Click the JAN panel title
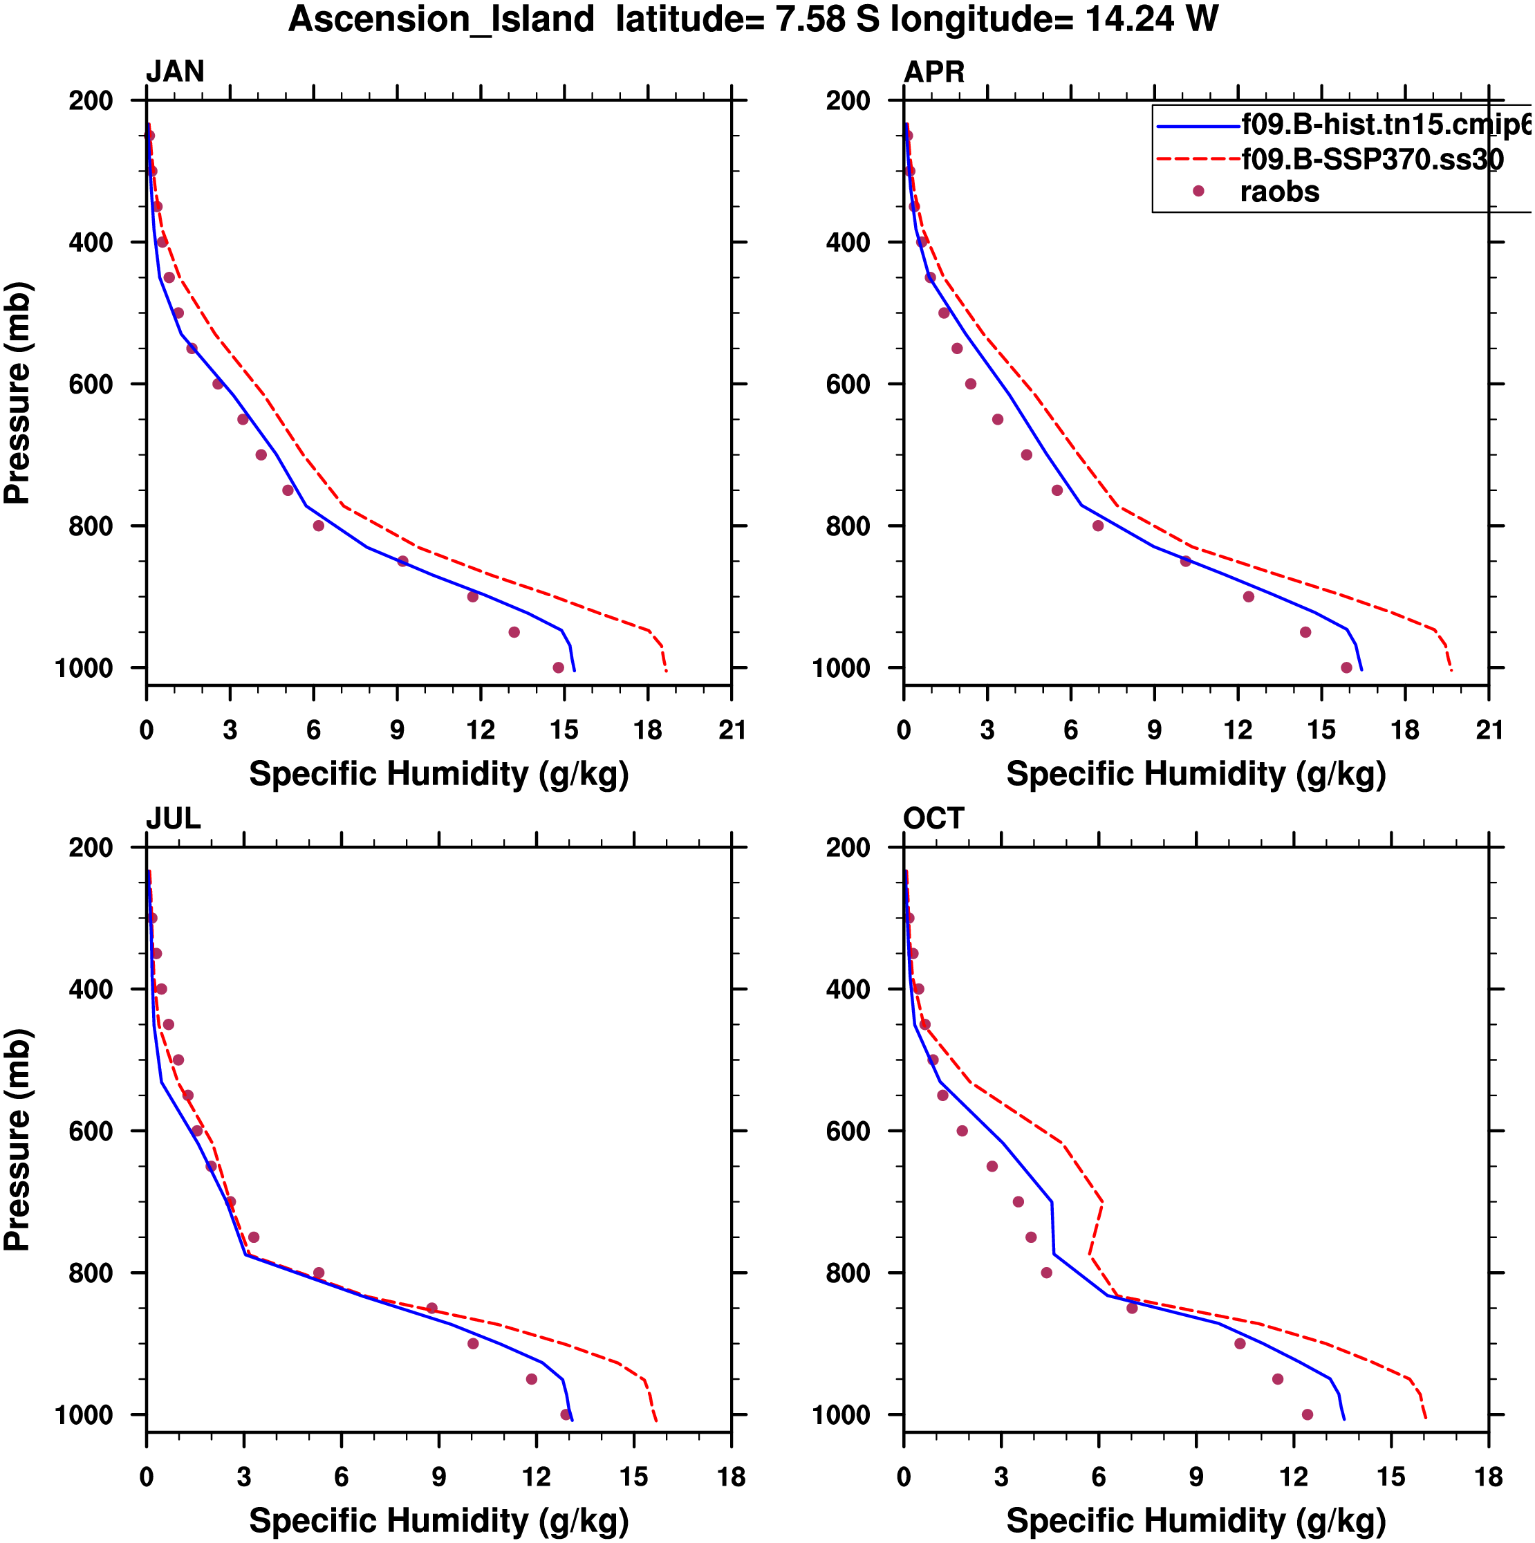[x=175, y=72]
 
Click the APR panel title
[x=933, y=72]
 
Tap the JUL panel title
[x=174, y=819]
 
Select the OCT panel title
[x=933, y=819]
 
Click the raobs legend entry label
[x=1279, y=192]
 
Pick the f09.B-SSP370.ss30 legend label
[x=1372, y=160]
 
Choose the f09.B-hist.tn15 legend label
[x=1386, y=124]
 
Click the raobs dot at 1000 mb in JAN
[x=558, y=667]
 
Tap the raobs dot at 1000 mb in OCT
[x=1308, y=1414]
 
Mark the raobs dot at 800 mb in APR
[x=1098, y=526]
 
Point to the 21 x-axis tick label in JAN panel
[x=732, y=730]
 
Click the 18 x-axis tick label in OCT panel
[x=1489, y=1477]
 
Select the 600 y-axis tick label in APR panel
[x=848, y=384]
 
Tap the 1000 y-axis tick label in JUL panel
[x=84, y=1415]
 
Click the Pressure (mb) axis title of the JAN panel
[x=17, y=392]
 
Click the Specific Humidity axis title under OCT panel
[x=1196, y=1521]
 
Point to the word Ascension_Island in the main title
[x=442, y=19]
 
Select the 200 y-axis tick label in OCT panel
[x=848, y=847]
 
